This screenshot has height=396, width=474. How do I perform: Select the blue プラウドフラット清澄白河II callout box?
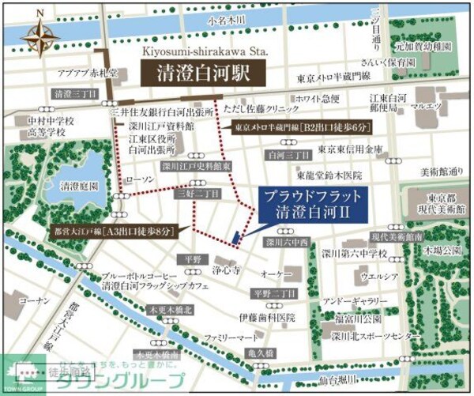tap(313, 204)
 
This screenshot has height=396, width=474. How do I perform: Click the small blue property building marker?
tap(235, 236)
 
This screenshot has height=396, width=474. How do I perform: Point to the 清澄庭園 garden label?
tap(79, 188)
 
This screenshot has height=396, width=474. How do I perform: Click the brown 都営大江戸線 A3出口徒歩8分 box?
tap(116, 232)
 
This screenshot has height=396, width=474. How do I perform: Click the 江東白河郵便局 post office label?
tap(388, 104)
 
